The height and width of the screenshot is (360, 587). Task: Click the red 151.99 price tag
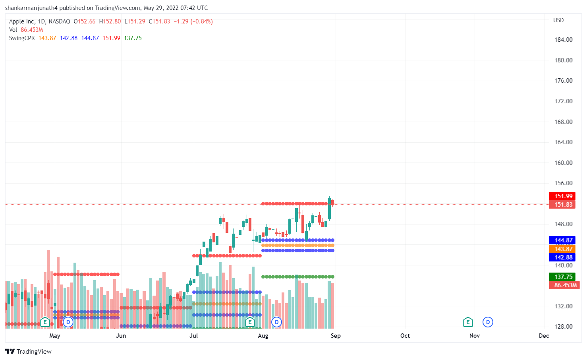pos(562,196)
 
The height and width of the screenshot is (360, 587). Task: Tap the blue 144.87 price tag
pos(562,240)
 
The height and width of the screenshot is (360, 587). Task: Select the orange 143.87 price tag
pos(562,249)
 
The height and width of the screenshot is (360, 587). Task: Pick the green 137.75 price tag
pos(562,277)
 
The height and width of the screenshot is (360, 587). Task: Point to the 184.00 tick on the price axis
pos(564,40)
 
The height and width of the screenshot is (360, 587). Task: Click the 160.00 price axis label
pos(564,163)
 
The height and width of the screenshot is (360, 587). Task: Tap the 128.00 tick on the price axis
pos(564,327)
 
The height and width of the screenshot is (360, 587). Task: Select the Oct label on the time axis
pos(405,336)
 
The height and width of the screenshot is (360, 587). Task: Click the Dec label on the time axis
pos(544,336)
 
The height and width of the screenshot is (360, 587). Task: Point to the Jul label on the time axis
pos(193,336)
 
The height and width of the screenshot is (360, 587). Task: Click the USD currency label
pos(558,20)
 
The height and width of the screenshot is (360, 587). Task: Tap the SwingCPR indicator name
pos(22,38)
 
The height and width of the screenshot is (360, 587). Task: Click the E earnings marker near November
pos(468,322)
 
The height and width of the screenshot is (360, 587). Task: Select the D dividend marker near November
pos(488,322)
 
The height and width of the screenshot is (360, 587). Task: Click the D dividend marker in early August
pos(276,322)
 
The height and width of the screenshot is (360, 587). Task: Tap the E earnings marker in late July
pos(250,322)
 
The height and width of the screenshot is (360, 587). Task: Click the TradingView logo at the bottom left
pos(29,352)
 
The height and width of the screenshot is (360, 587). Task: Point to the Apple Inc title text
pos(22,21)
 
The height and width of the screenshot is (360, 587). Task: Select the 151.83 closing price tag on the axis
pos(562,205)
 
